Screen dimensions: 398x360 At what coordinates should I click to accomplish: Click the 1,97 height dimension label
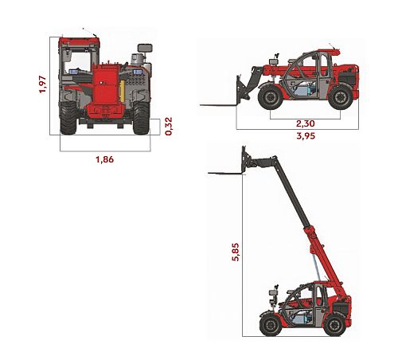[x=43, y=84]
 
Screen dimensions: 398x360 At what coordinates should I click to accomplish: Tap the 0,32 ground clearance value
[x=169, y=127]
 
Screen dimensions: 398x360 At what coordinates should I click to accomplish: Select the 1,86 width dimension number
[x=105, y=159]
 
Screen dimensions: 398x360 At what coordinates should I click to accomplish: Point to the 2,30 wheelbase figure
[x=306, y=123]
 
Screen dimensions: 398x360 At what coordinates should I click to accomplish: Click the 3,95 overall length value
[x=306, y=136]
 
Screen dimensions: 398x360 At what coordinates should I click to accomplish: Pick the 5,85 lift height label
[x=236, y=252]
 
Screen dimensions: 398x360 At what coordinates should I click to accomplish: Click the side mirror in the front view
[x=145, y=48]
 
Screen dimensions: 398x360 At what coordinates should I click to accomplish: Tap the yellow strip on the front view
[x=123, y=91]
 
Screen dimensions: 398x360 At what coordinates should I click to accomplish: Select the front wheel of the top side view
[x=271, y=97]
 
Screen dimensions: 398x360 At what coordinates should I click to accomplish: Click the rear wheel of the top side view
[x=341, y=97]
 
